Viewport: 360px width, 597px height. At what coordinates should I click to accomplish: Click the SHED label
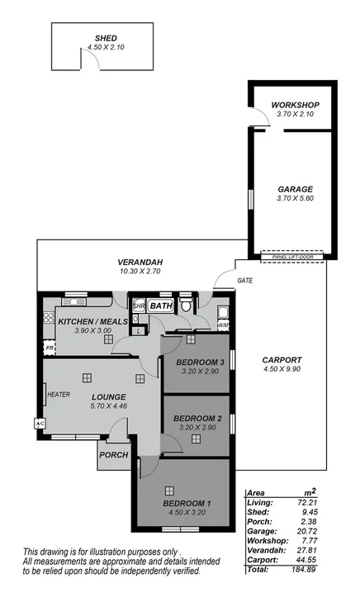pos(105,38)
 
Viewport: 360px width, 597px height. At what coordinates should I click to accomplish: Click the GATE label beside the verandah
pos(244,281)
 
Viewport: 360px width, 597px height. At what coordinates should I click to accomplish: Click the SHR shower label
pos(139,306)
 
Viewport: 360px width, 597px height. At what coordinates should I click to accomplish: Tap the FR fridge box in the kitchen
pos(50,348)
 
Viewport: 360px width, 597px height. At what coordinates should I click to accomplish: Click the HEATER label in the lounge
pos(59,395)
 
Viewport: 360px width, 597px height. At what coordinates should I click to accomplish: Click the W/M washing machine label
pos(222,326)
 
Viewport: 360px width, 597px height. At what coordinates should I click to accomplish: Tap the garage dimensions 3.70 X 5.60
pos(295,199)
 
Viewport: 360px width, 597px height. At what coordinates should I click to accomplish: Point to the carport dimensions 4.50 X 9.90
pos(282,371)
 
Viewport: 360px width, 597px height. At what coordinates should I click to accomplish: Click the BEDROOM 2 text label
pos(197,418)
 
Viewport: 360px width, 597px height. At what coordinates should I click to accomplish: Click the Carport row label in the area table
pos(263,560)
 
